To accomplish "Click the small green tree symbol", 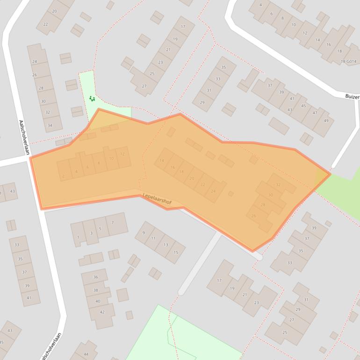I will point(92,99).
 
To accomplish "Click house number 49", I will point(325,121).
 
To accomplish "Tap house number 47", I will point(315,113).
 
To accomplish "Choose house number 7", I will point(112,223).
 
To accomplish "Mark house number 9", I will point(144,233).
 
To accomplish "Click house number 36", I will point(95,277).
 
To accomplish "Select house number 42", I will point(102,312).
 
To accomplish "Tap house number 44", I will point(86,355).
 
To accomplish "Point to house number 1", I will point(78,238).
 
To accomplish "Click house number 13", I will point(166,245).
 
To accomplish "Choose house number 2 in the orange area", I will point(63,176).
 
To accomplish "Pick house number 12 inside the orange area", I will point(122,154).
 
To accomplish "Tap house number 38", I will point(96,290).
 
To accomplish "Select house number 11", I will point(153,238).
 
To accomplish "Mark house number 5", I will point(100,229).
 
